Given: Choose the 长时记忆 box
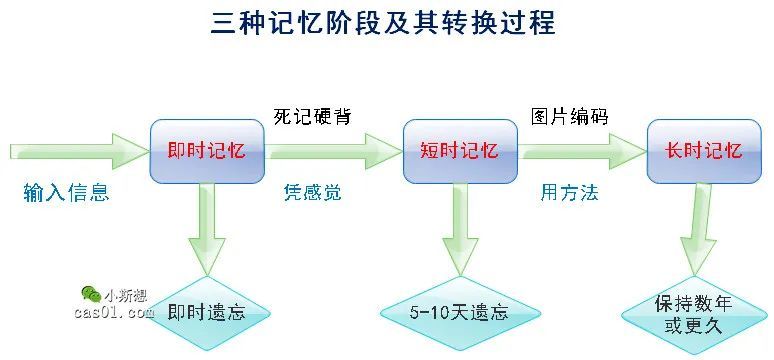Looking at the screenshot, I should click(703, 151).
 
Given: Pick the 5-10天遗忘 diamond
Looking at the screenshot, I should click(459, 312).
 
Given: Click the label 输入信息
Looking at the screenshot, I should click(66, 192).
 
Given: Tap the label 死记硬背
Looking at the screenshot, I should click(312, 116).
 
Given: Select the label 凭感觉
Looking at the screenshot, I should click(312, 192).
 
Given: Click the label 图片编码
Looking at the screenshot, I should click(568, 116).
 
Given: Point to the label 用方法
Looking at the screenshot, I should click(569, 192).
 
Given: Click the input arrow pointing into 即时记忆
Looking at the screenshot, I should click(75, 152).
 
